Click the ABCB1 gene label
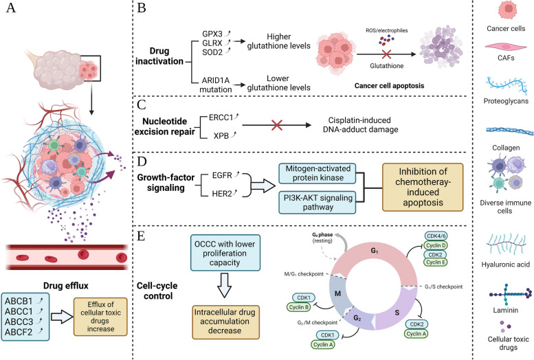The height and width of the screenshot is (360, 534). point(19,302)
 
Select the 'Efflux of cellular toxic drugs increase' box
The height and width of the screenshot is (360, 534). point(100,317)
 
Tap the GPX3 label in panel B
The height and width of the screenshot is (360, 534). point(212,34)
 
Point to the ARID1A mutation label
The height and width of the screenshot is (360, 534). point(216,85)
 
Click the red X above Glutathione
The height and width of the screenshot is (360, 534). point(386,54)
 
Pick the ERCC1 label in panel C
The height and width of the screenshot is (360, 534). point(221,117)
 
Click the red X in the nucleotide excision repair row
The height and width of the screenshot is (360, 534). point(277,125)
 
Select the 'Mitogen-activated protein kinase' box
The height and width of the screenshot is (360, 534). point(318,173)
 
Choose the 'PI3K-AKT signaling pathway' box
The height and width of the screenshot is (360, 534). point(318,203)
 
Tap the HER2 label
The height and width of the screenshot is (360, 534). point(222,194)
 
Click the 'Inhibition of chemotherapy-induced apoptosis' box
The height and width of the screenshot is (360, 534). point(423,187)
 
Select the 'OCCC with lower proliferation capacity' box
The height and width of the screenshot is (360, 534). point(225,253)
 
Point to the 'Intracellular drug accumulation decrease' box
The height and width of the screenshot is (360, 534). point(225,321)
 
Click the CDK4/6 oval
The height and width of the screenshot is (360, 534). point(436,236)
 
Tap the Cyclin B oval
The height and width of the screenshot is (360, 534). point(299,307)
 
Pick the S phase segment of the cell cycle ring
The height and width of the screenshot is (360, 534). point(397,312)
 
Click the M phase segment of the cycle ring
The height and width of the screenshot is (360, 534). point(338,293)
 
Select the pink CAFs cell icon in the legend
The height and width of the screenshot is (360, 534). point(505,47)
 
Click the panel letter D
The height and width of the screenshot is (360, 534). point(142,161)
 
